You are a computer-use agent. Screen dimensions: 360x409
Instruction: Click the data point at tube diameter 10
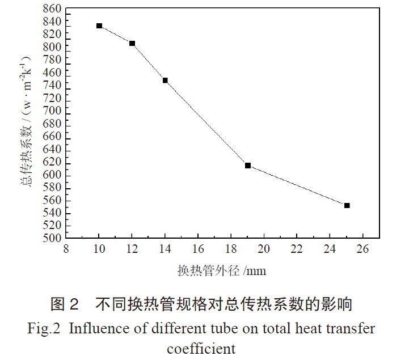coord(99,26)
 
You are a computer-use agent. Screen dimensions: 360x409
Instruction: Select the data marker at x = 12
coord(132,44)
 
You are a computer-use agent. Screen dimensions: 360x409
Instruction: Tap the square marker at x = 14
coord(165,81)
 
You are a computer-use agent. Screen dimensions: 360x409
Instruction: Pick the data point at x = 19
coord(248,166)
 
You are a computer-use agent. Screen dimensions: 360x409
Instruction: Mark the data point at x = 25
coord(347,205)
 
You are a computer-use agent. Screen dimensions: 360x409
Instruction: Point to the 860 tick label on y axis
coord(53,9)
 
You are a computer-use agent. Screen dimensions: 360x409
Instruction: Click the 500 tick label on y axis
coord(53,238)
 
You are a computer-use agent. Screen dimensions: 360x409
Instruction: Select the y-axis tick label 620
coord(53,163)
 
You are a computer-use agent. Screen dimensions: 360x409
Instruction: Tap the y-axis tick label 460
coord(53,73)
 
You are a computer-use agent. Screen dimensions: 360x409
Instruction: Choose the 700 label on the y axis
coord(53,113)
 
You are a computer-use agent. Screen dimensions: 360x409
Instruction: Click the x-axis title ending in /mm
coord(221,270)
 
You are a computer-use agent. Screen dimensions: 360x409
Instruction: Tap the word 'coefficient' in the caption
coord(201,347)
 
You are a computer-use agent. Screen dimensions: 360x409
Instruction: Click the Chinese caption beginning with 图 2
coord(201,304)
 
